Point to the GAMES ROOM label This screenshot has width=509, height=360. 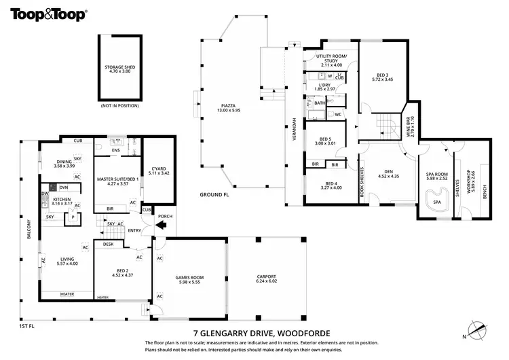point(190,280)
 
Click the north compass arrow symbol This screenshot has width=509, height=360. point(479,331)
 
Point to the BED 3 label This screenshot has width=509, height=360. point(383,77)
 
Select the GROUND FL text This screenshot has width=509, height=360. point(213,195)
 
